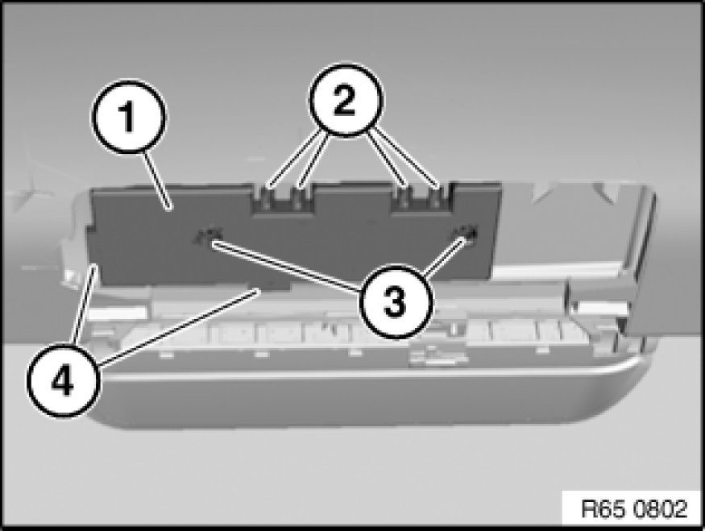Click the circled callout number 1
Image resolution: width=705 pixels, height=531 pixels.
pos(129,117)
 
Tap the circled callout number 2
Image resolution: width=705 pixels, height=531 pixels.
pos(346,100)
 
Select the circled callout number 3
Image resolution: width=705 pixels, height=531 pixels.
pos(396,301)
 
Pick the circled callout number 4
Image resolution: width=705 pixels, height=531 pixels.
pos(63,381)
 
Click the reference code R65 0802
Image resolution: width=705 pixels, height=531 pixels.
pos(634,509)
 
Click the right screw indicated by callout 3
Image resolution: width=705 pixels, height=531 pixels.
pos(468,233)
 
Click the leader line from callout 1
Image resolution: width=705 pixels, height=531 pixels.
pos(156,180)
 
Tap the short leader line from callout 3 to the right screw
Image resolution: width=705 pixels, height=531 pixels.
pos(443,257)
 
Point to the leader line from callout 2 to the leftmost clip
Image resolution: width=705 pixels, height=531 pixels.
pos(293,158)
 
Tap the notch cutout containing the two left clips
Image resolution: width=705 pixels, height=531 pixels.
pos(282,198)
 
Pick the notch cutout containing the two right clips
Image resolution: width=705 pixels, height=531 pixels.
pos(421,197)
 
